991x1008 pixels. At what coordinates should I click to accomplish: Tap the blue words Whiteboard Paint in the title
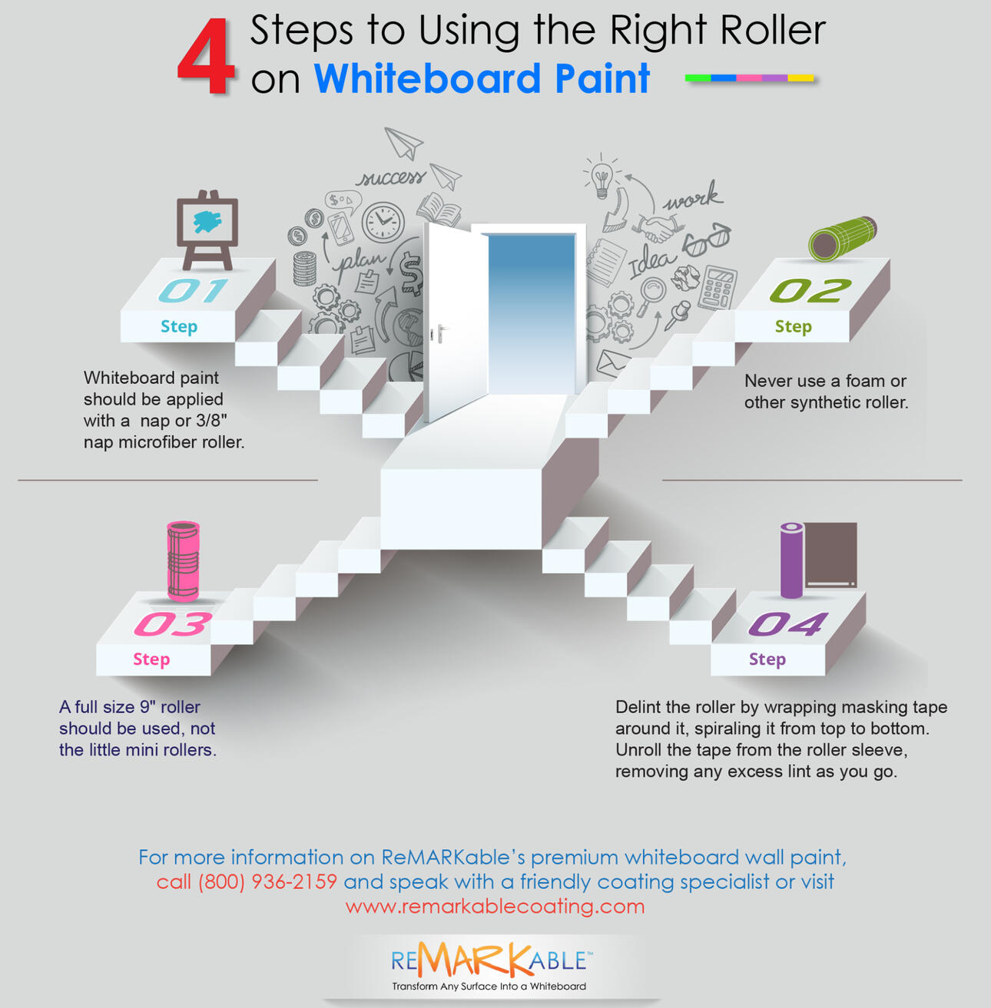click(x=482, y=78)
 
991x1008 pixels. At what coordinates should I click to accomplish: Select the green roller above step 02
click(x=842, y=239)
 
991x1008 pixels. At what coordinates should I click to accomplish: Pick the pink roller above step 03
click(x=184, y=561)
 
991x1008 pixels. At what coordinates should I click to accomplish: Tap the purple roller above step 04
click(x=791, y=560)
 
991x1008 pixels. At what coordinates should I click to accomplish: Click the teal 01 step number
click(x=193, y=290)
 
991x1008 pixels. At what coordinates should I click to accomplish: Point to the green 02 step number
click(x=810, y=290)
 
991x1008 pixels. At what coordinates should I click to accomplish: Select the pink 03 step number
click(x=173, y=624)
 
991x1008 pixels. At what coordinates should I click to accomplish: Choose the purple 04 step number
click(x=788, y=624)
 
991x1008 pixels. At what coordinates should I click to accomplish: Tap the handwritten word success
click(x=391, y=178)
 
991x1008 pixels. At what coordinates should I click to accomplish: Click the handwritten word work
click(x=693, y=197)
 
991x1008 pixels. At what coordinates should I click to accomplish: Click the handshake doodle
click(x=657, y=228)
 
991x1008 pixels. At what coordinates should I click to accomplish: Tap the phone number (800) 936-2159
click(x=267, y=882)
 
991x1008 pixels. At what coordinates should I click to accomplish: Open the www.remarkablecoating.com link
click(x=495, y=906)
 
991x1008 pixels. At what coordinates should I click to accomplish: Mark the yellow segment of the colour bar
click(x=800, y=78)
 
